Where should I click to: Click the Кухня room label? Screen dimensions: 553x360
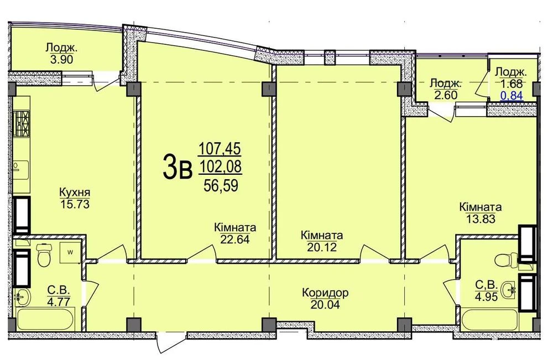click(75, 193)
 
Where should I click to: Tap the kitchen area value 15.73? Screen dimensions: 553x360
click(75, 204)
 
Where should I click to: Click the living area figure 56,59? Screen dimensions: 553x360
click(221, 185)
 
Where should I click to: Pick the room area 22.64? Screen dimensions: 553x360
click(235, 239)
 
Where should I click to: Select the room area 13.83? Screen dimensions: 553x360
click(481, 219)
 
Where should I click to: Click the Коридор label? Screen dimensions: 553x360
click(325, 293)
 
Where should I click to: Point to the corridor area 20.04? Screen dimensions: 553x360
click(325, 304)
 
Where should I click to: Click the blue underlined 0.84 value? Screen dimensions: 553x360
click(512, 95)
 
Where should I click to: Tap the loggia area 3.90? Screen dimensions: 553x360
click(62, 59)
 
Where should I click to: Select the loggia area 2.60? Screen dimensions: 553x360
click(446, 95)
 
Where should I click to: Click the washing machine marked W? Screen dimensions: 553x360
click(70, 253)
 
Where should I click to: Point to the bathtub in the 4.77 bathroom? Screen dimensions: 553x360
click(45, 320)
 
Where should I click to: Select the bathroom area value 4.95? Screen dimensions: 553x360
click(486, 296)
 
